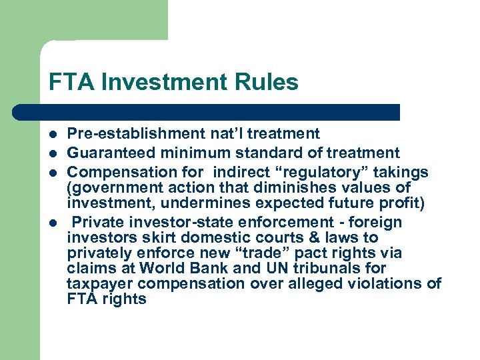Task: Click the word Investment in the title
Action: tap(168, 83)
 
